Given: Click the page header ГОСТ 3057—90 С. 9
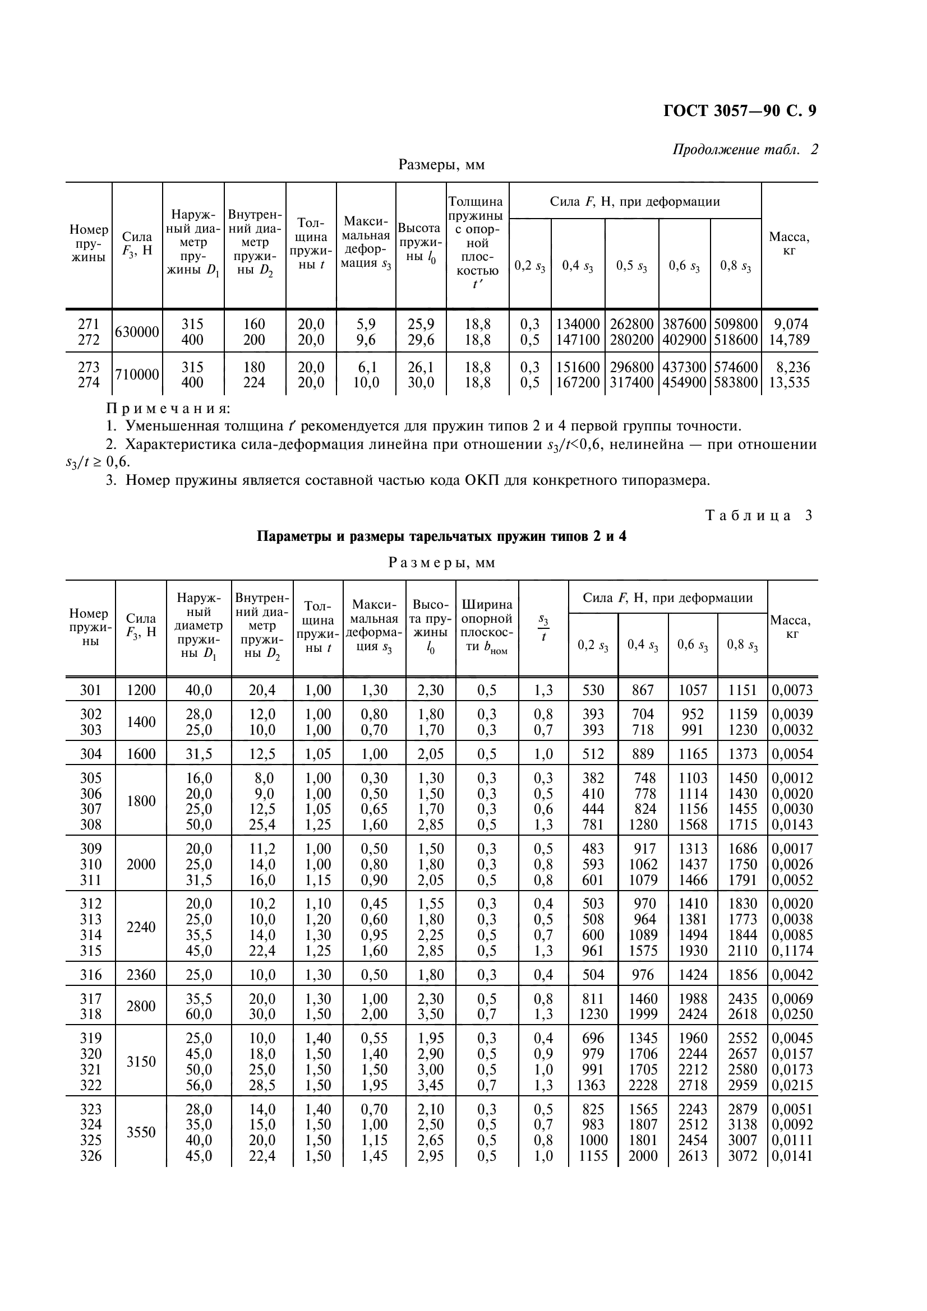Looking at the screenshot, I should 740,110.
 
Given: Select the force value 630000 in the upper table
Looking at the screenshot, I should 137,332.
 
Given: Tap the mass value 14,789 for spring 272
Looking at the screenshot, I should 790,340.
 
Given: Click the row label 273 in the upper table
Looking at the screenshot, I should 89,367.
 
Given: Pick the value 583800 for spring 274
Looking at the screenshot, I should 736,383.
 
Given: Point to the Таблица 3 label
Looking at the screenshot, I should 759,516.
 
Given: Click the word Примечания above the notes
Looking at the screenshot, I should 168,408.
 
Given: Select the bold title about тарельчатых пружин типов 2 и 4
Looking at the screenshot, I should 441,537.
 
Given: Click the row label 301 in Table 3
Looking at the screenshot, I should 90,691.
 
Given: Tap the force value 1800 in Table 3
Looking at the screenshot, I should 141,801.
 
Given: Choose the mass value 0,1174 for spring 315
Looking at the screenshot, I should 792,951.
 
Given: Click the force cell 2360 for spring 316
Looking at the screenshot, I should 141,975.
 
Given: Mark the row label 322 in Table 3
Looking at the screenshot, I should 90,1085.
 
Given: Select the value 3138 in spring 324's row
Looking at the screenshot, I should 742,1125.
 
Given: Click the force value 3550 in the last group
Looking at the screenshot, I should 141,1132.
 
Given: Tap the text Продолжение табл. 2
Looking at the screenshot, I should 745,150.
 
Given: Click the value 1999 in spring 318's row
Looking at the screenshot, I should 643,1014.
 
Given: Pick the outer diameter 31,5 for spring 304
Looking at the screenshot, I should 199,754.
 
